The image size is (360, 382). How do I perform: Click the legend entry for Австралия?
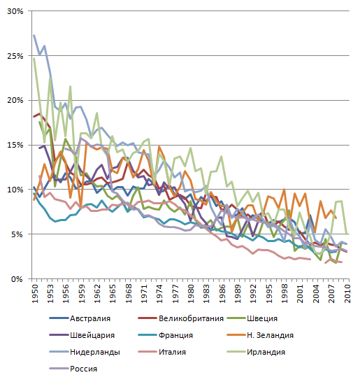pyautogui.click(x=80, y=318)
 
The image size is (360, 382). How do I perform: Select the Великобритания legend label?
pyautogui.click(x=180, y=318)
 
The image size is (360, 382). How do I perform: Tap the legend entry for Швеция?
pyautogui.click(x=252, y=318)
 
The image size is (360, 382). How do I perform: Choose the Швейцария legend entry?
pyautogui.click(x=82, y=335)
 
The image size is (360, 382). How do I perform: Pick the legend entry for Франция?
pyautogui.click(x=165, y=335)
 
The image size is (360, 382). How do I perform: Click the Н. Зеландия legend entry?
pyautogui.click(x=260, y=335)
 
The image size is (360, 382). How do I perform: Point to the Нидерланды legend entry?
pyautogui.click(x=85, y=352)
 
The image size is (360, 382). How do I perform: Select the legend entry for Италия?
pyautogui.click(x=162, y=352)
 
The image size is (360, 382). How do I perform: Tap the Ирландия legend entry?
pyautogui.click(x=256, y=352)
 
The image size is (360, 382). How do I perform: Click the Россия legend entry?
pyautogui.click(x=73, y=369)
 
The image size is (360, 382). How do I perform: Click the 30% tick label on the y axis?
pyautogui.click(x=15, y=11)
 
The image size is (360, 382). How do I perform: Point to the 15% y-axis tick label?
pyautogui.click(x=15, y=145)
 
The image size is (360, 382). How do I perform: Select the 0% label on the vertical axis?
pyautogui.click(x=17, y=279)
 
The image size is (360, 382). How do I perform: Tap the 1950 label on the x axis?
pyautogui.click(x=35, y=294)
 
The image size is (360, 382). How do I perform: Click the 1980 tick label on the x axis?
pyautogui.click(x=191, y=294)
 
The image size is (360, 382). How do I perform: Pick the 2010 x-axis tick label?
pyautogui.click(x=347, y=294)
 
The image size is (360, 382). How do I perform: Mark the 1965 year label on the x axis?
pyautogui.click(x=113, y=294)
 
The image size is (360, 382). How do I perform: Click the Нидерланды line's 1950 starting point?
pyautogui.click(x=34, y=35)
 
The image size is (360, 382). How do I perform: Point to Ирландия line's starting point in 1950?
pyautogui.click(x=34, y=59)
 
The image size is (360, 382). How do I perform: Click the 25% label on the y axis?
pyautogui.click(x=15, y=56)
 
